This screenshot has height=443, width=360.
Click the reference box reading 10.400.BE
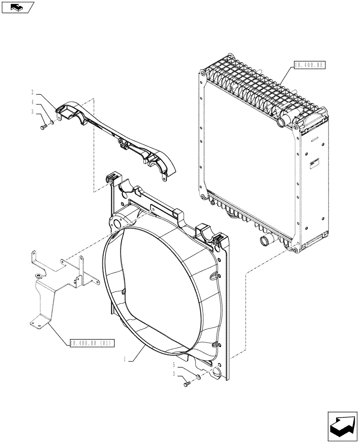pos(309,66)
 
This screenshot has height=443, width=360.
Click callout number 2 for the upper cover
pos(33,92)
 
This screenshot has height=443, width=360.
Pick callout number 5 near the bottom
pos(174,365)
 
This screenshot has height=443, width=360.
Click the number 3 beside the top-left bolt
pos(33,113)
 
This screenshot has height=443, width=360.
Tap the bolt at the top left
pos(42,127)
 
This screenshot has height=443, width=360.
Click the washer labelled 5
pos(198,377)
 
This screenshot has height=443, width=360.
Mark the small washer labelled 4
pos(52,122)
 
